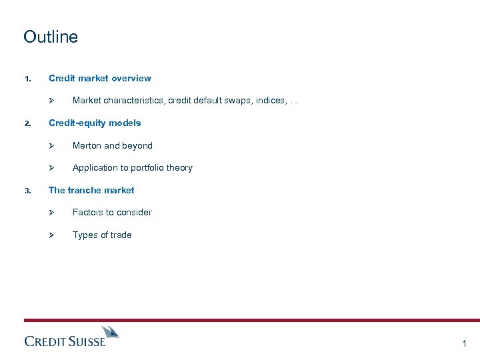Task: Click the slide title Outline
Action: [51, 37]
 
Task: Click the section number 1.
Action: [27, 79]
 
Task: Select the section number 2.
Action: [27, 124]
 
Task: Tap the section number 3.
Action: [27, 191]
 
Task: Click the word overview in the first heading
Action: [131, 78]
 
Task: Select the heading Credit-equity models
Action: [95, 123]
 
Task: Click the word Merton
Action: [88, 145]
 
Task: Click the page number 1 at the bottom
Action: [464, 343]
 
